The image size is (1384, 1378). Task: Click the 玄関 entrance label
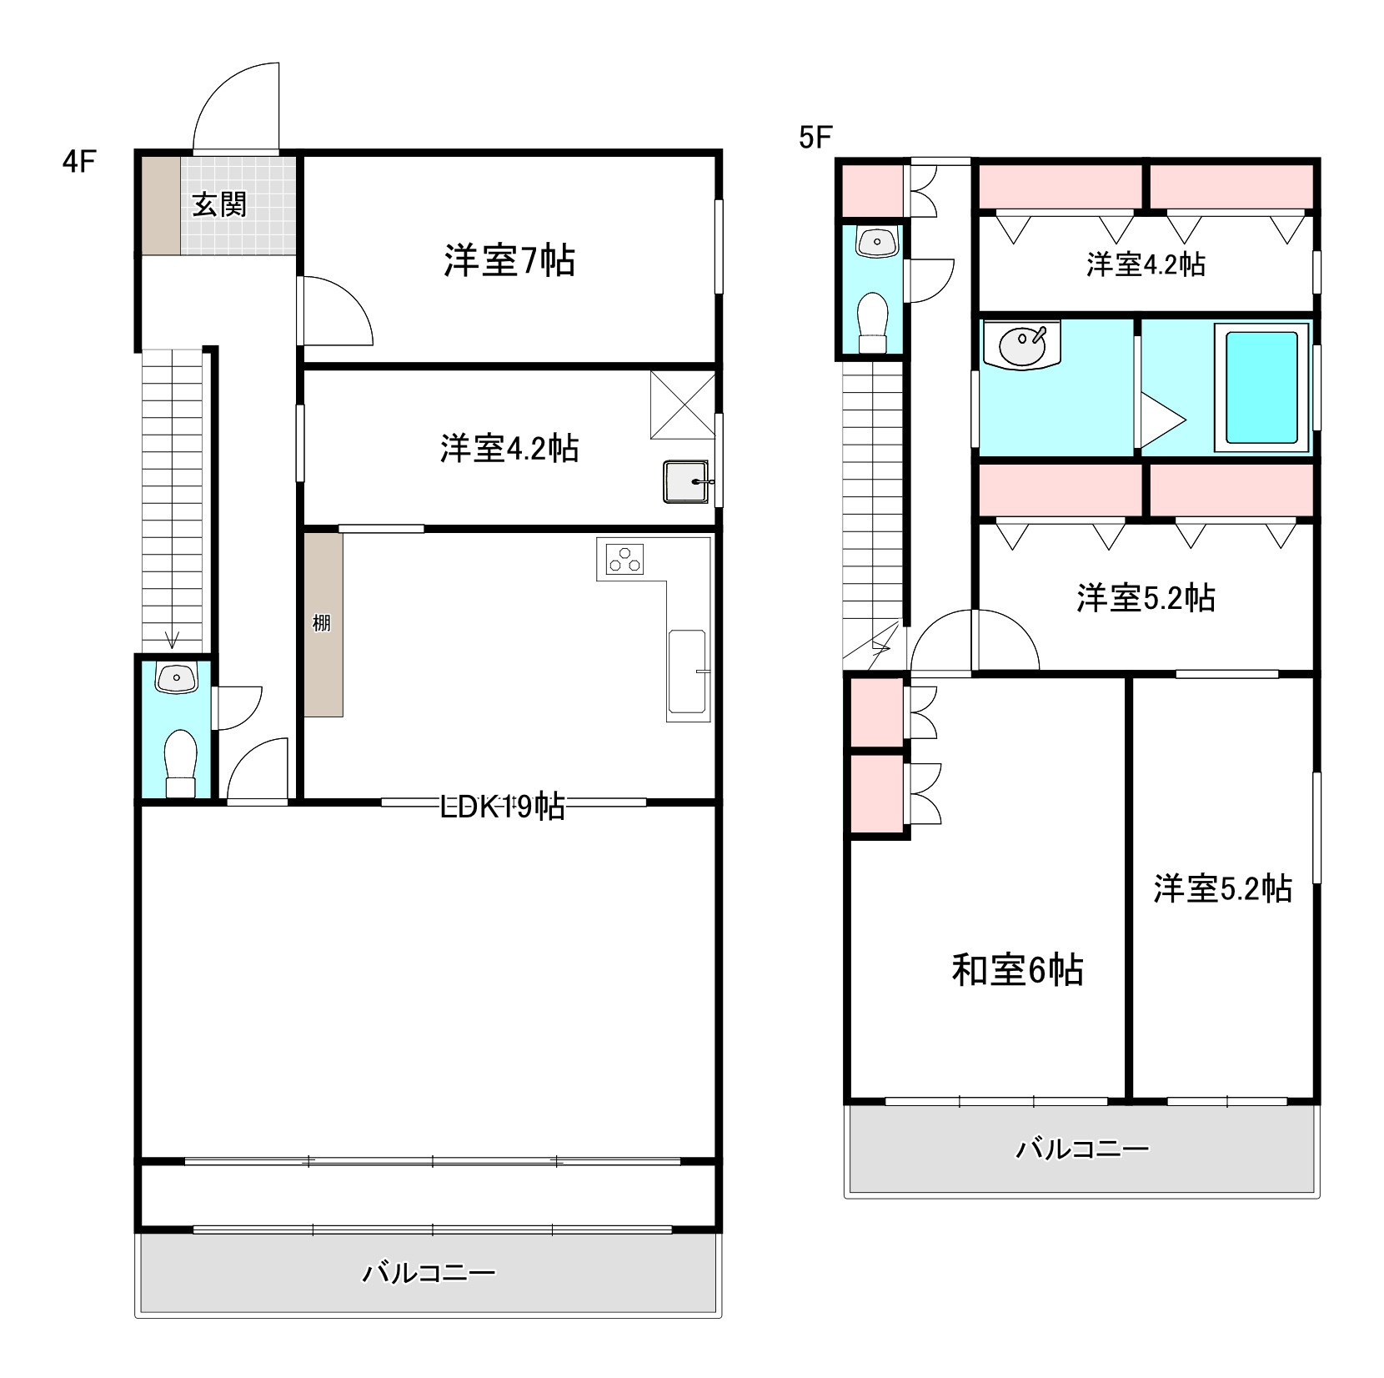point(219,204)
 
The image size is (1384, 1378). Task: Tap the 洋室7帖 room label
point(509,261)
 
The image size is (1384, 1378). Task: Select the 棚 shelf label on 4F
point(322,622)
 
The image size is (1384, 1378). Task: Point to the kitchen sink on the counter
point(688,672)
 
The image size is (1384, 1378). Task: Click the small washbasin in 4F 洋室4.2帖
point(685,482)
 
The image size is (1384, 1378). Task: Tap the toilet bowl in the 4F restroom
point(180,755)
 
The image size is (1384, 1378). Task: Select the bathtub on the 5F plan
point(1261,388)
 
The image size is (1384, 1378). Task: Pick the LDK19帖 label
point(503,807)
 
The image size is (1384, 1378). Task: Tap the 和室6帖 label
point(1017,969)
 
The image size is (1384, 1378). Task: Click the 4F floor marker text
point(79,161)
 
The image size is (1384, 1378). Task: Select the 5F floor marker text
point(815,138)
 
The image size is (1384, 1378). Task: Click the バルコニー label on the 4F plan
point(429,1273)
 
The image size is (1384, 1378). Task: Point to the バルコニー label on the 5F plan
point(1082,1149)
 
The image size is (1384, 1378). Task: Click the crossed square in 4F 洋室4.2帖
point(682,405)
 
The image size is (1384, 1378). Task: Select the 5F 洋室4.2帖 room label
point(1146,264)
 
